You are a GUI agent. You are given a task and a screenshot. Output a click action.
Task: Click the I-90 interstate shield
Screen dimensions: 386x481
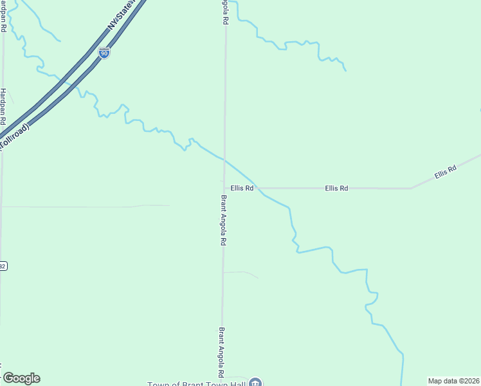104,53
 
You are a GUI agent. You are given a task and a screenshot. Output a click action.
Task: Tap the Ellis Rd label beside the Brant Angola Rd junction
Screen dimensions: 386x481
242,188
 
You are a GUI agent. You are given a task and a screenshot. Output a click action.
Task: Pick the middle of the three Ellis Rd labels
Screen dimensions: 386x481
336,188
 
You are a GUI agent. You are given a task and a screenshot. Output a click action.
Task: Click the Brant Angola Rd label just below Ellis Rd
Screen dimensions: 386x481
223,220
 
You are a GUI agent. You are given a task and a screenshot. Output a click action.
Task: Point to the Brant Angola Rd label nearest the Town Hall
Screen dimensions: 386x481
221,353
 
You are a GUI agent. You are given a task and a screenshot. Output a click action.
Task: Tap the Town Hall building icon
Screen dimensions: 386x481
256,383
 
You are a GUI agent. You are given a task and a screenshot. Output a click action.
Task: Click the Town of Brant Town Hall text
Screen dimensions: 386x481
197,383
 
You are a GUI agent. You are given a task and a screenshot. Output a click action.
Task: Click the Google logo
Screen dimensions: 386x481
21,378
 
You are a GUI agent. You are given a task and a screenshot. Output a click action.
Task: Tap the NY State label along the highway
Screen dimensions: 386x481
123,17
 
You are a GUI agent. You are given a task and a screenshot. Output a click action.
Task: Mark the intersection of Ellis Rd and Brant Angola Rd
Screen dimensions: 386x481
224,188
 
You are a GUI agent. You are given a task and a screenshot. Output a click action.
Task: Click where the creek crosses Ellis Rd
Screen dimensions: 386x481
257,188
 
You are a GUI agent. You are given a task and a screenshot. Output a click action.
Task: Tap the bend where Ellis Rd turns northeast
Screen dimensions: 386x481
411,188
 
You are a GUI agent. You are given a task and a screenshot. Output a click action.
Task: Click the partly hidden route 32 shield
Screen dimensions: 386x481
3,266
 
